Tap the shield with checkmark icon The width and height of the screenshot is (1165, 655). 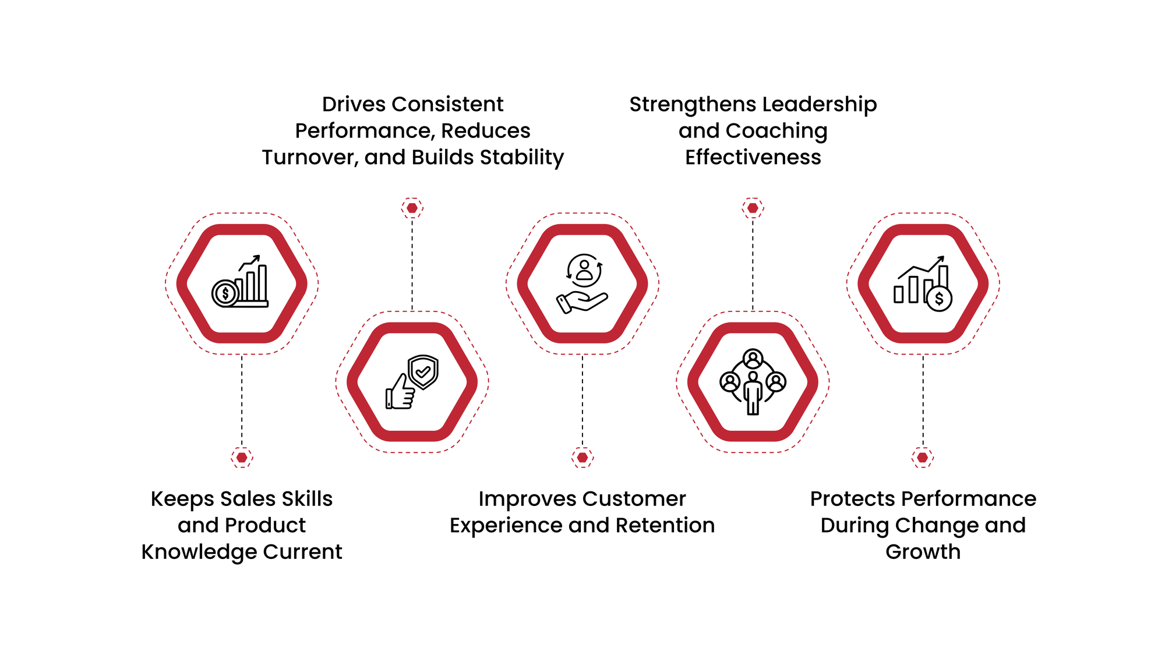[423, 371]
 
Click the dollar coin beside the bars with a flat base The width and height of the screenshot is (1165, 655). [225, 293]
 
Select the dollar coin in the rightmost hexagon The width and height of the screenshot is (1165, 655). [939, 299]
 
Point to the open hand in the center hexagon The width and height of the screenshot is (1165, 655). [581, 302]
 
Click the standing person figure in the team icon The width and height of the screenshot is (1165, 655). [753, 394]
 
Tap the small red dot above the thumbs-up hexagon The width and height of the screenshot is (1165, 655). [412, 208]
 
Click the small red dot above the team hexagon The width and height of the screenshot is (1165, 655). [753, 208]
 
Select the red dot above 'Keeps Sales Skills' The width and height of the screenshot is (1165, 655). [242, 457]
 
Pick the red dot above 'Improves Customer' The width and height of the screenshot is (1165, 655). [582, 457]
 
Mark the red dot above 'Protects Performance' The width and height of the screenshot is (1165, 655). [923, 457]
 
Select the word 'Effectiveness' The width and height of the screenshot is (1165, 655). [753, 158]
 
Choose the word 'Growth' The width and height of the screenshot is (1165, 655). [923, 552]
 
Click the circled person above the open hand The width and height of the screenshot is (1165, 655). [584, 270]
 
